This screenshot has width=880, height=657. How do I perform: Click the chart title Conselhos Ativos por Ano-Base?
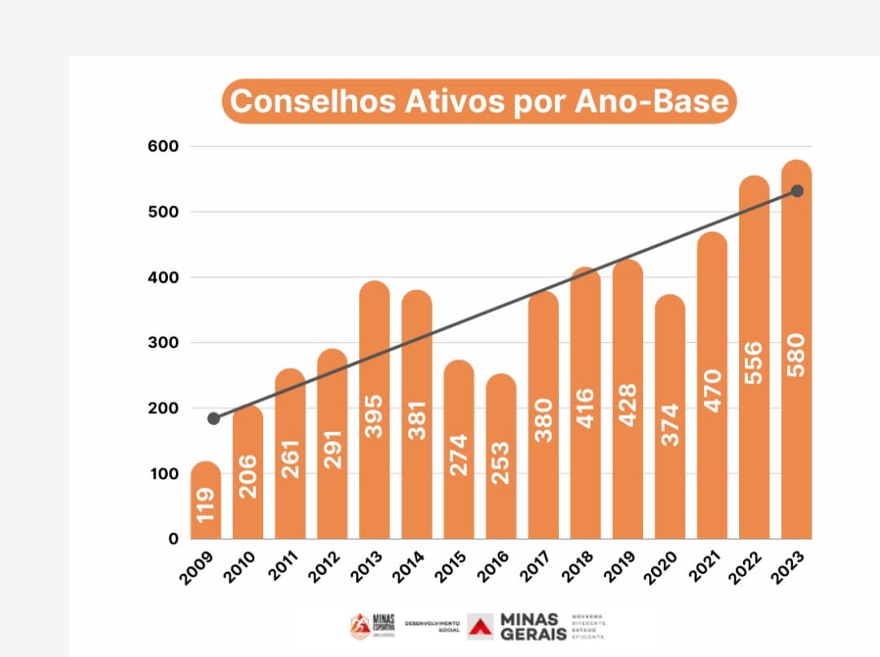479,102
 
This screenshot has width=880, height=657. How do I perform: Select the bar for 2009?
205,501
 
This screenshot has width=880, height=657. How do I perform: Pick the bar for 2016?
501,456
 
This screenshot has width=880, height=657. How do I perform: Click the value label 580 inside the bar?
796,355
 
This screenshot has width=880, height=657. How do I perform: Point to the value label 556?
755,365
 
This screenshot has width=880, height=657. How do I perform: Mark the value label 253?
501,463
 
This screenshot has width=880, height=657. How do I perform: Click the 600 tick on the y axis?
162,147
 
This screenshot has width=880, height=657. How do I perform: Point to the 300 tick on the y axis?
162,343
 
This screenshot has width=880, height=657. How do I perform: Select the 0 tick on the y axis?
173,539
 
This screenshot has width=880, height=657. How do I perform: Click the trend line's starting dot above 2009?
213,418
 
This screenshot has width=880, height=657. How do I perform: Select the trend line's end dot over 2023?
797,191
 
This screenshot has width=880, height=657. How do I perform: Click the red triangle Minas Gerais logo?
482,626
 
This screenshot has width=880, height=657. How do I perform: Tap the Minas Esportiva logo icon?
359,626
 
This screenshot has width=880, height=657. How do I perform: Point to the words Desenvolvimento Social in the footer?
432,626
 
